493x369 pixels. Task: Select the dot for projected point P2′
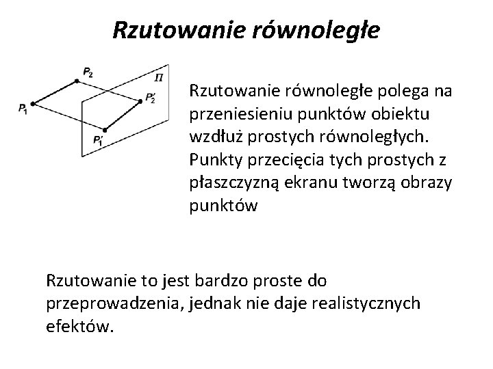tap(140, 101)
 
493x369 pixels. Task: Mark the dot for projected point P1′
tap(105, 129)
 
